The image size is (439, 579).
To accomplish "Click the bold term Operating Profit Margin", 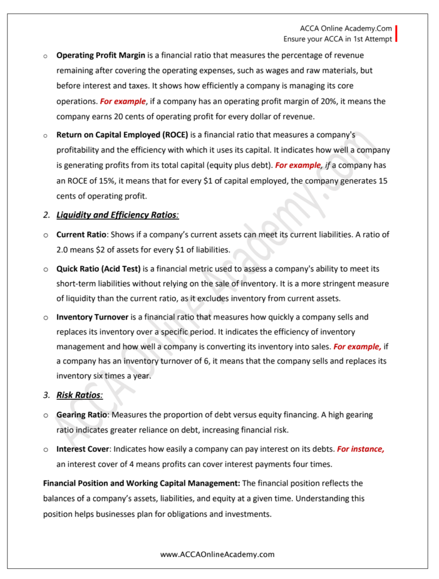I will coord(101,55).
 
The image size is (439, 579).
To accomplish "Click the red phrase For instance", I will coord(360,449).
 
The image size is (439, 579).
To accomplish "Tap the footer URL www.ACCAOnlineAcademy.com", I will coord(218,554).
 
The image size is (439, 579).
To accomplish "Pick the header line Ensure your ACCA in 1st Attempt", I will coord(337,39).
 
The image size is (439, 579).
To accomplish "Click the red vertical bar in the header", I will coord(397,34).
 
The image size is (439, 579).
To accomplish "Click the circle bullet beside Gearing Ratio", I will coord(45,416).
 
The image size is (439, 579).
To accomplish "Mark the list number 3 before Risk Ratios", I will coord(46,395).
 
